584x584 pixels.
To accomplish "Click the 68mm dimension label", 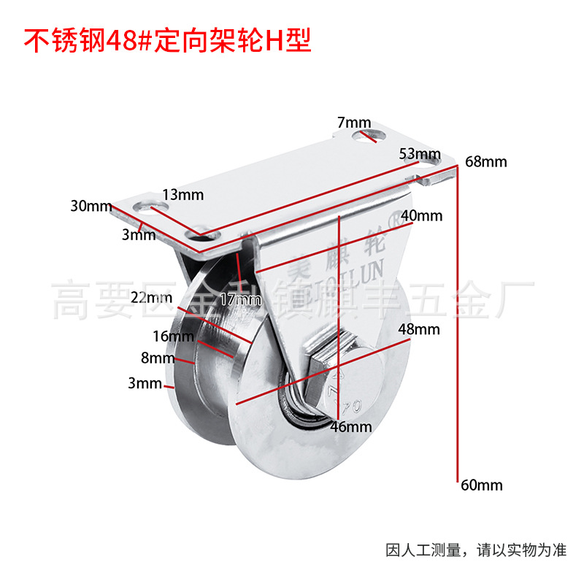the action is tap(485, 161).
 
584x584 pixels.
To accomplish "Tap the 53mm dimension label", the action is tap(420, 154).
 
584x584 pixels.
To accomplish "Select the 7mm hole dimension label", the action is tap(354, 122).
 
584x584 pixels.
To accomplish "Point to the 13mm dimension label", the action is tap(183, 194).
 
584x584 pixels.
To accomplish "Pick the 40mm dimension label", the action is tap(423, 216).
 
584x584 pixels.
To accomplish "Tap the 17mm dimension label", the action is tap(240, 299).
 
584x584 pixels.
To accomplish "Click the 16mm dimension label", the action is tap(174, 336).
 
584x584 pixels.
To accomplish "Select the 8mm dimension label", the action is tap(158, 358).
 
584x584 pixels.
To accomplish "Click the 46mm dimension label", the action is tap(351, 427).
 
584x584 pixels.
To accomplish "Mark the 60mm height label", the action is tap(482, 484).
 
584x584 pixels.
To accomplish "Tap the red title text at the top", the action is tap(169, 41).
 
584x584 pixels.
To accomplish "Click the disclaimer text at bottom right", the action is tap(475, 550).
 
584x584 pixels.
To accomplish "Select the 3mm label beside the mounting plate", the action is tap(139, 235).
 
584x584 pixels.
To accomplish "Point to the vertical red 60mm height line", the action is tap(458, 328).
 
